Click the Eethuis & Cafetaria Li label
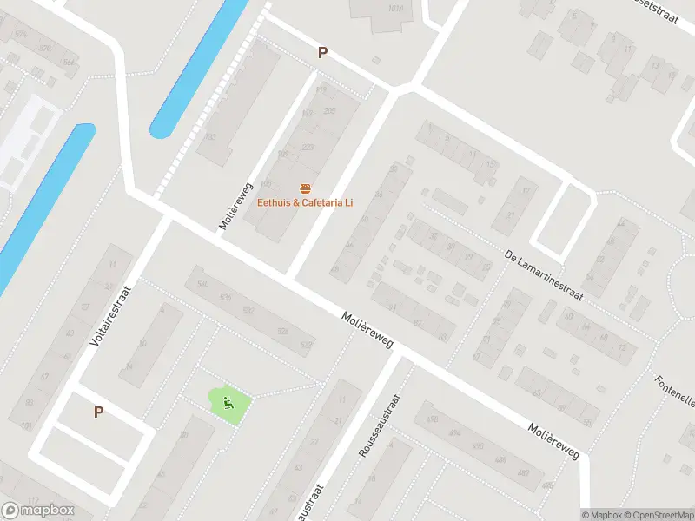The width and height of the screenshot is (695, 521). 304,203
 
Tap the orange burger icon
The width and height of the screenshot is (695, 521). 305,188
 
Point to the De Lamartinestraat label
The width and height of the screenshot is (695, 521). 543,274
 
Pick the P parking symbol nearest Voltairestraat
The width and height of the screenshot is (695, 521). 98,412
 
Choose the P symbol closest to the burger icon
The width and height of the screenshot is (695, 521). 322,53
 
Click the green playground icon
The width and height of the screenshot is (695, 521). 228,402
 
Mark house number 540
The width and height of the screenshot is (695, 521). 203,284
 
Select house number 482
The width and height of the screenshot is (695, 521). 523,473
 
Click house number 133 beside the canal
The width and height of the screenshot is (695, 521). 209,137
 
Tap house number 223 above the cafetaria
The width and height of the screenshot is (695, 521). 308,148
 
